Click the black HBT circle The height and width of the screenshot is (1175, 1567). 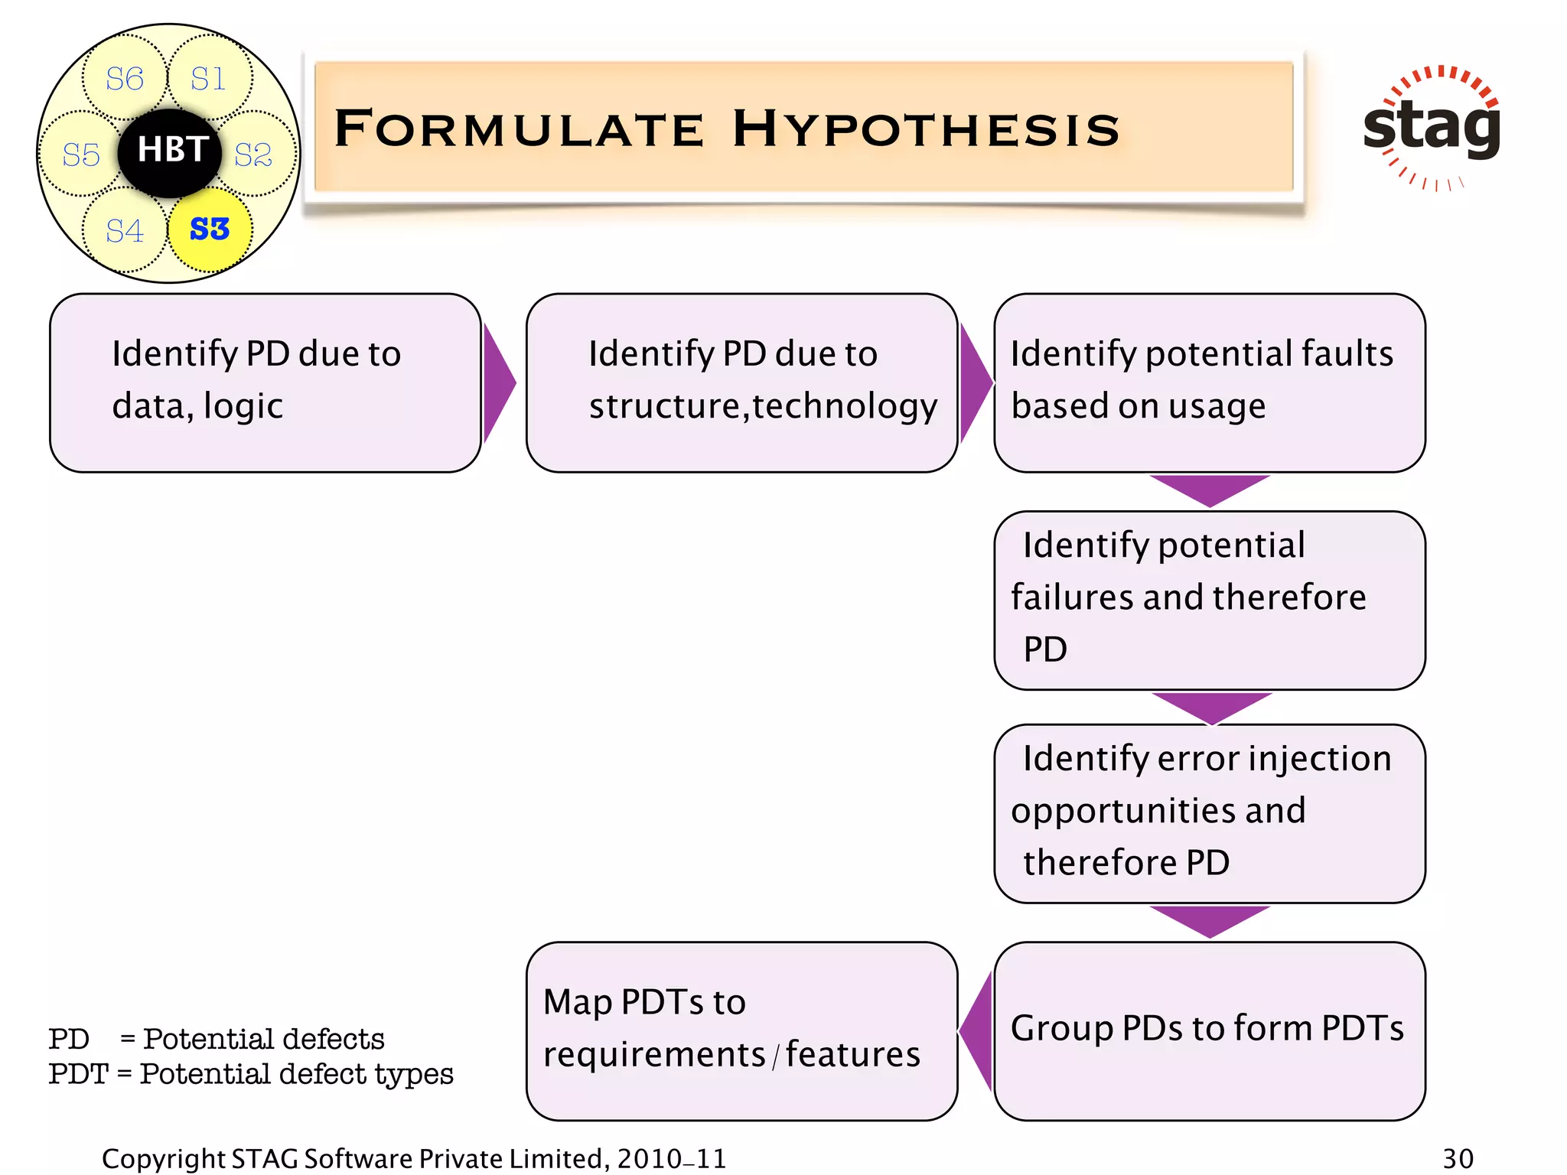tap(170, 151)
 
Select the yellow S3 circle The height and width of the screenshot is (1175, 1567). tap(210, 229)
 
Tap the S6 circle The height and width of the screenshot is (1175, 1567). tap(124, 78)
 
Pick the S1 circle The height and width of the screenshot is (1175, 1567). tap(209, 78)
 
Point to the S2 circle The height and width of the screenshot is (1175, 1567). tap(254, 155)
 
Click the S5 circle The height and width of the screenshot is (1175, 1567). tap(81, 155)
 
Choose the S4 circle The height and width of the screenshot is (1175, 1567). tap(124, 230)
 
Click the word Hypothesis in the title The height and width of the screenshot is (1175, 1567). tap(926, 129)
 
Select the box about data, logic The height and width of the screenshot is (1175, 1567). tap(265, 382)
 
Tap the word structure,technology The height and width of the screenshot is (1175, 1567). tap(763, 406)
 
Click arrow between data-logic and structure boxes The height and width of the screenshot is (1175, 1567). tap(498, 382)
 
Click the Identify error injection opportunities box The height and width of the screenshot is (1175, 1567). tap(1209, 812)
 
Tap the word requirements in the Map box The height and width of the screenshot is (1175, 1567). tap(654, 1054)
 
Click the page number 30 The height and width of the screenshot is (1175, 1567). tap(1458, 1158)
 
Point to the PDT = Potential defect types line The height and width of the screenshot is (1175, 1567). tap(251, 1074)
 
